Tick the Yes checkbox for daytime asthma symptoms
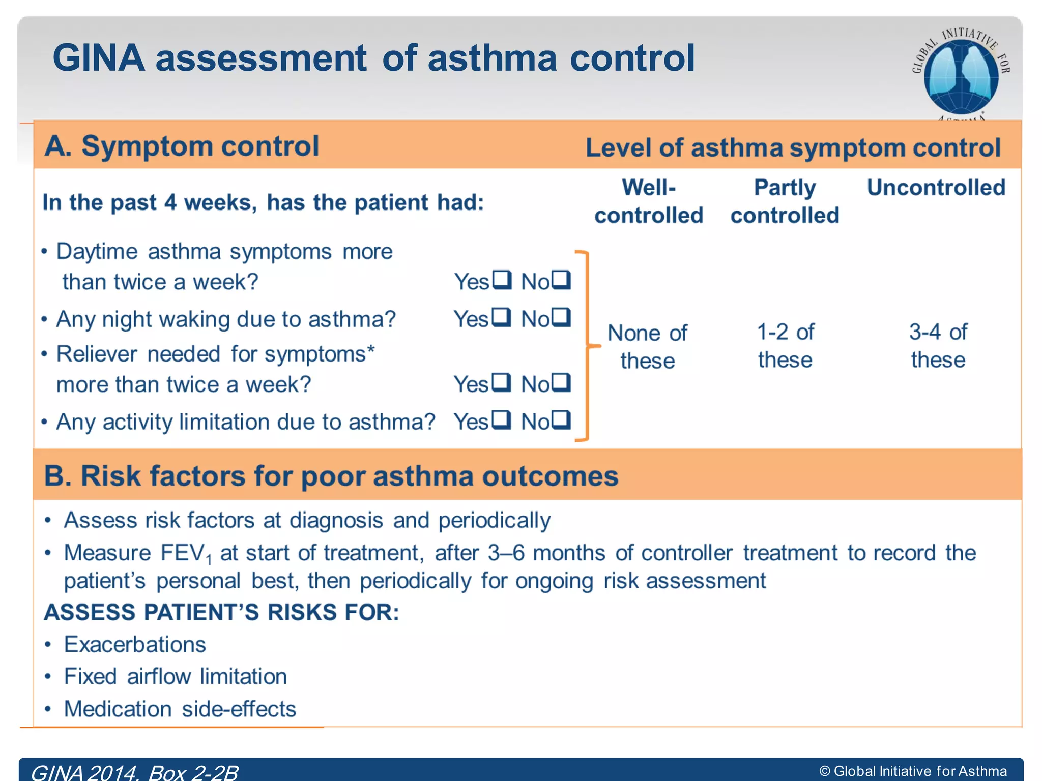click(x=502, y=280)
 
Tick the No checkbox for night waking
click(x=561, y=317)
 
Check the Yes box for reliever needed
click(x=502, y=382)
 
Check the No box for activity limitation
click(x=561, y=420)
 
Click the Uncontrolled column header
click(x=936, y=188)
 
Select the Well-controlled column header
click(x=649, y=201)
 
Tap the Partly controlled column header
click(x=785, y=201)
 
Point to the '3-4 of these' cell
click(x=938, y=346)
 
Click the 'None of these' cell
click(x=647, y=347)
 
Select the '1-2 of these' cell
click(x=785, y=346)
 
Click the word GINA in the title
click(x=99, y=58)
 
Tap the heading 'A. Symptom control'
click(x=182, y=146)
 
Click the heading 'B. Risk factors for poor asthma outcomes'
click(x=331, y=476)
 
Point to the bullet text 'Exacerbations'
click(x=135, y=644)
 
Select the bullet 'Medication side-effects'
click(x=180, y=709)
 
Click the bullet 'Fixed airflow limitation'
click(x=175, y=677)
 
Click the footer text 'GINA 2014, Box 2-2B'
click(x=135, y=772)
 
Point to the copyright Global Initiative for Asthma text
click(x=913, y=771)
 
